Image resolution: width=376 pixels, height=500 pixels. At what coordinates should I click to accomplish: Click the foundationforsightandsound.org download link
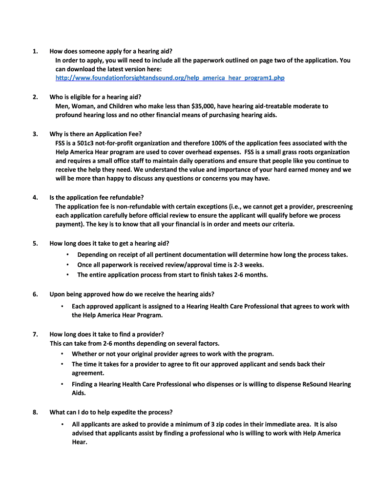pos(170,78)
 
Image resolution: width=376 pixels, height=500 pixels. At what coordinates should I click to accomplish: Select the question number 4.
pos(36,197)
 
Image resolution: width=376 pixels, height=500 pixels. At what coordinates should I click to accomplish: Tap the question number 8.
pos(36,412)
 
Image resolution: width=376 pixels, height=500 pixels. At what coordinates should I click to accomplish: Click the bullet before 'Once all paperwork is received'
pos(67,265)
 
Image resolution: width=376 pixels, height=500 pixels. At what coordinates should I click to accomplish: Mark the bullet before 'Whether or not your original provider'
pos(62,354)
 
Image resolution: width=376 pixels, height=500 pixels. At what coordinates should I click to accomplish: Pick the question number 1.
pos(36,51)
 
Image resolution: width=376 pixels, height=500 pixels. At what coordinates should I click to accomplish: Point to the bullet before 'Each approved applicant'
pos(62,306)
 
